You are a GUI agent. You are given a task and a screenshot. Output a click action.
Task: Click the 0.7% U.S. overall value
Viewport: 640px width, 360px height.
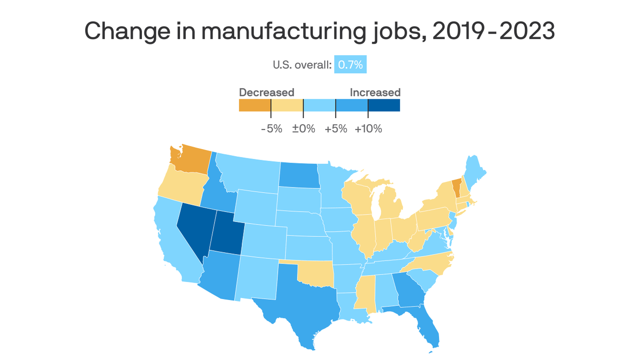[350, 65]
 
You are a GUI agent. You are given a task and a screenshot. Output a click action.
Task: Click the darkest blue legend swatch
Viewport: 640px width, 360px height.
[384, 105]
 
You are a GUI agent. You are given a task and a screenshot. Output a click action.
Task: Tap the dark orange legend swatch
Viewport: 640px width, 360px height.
[255, 105]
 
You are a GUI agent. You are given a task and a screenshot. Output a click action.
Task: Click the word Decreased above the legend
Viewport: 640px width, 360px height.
[267, 92]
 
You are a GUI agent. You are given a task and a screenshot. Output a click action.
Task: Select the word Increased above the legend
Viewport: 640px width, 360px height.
[375, 92]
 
